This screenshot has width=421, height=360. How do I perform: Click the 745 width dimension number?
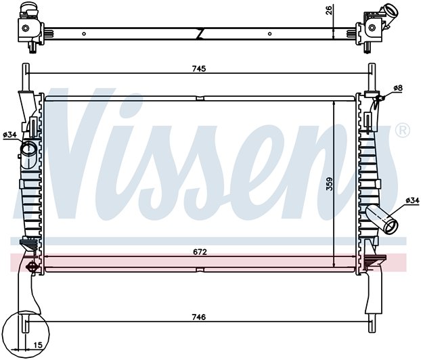tap(198, 68)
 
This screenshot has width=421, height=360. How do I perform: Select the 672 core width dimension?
tap(199, 251)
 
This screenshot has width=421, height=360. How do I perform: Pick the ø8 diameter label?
tap(398, 88)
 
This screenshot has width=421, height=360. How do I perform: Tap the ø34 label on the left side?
tap(9, 135)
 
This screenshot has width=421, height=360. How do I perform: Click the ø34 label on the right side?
tap(412, 200)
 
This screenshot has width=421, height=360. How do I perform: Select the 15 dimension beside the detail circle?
tap(38, 345)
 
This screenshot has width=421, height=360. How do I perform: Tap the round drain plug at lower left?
tap(30, 268)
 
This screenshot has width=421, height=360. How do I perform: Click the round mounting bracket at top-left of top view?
tap(26, 28)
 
